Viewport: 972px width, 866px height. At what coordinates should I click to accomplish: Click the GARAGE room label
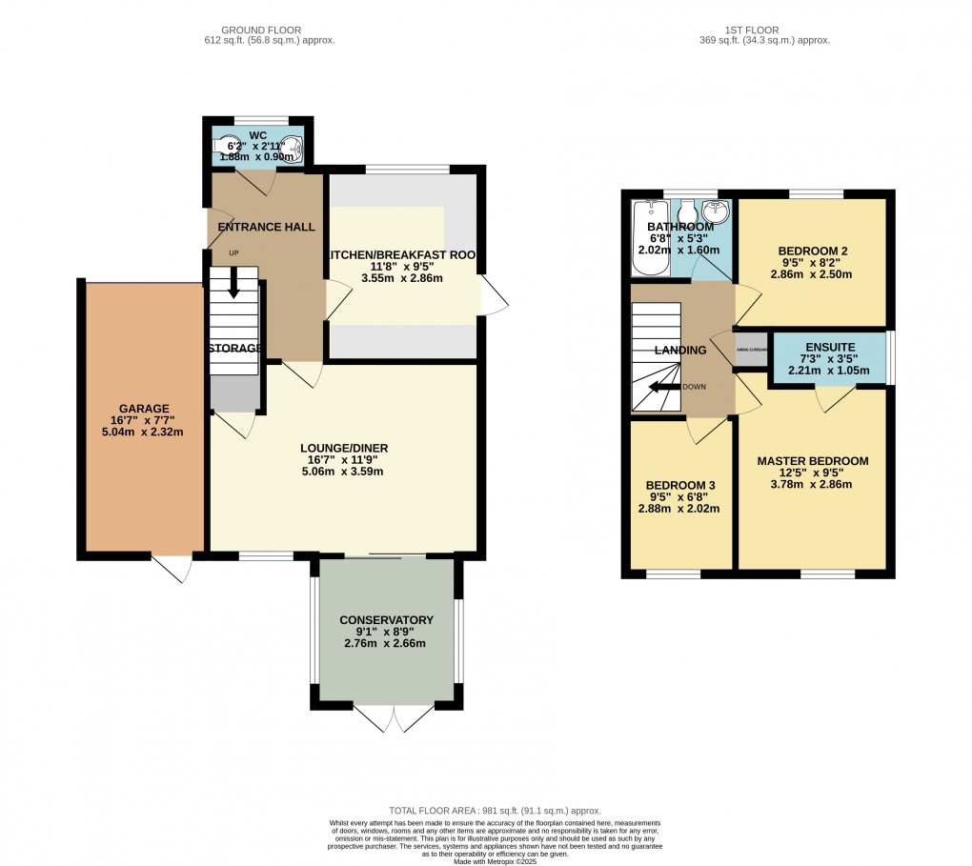[x=144, y=409]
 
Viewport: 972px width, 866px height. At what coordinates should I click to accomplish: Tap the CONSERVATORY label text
[x=386, y=620]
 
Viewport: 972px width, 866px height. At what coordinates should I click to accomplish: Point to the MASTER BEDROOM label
[x=812, y=461]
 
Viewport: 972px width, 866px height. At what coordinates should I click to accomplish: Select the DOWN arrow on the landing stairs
[x=658, y=387]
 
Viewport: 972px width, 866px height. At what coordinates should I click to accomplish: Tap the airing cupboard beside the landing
[x=750, y=349]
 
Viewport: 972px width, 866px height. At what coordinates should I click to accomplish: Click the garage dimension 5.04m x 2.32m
[x=144, y=432]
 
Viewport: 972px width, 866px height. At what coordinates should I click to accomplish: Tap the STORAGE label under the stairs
[x=234, y=348]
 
